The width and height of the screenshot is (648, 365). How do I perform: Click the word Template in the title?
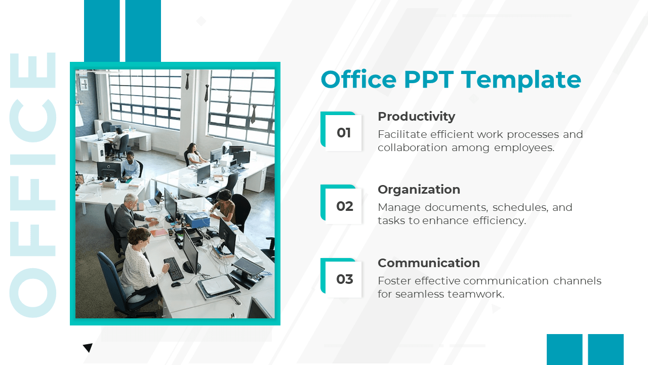pos(521,80)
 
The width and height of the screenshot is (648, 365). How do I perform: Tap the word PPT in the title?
pos(428,80)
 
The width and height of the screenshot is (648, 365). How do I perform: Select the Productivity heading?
pos(416,117)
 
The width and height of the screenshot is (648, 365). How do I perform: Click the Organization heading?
pos(419,190)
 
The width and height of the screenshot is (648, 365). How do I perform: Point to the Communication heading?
pos(429,263)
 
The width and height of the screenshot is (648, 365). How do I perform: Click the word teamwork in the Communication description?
pos(476,295)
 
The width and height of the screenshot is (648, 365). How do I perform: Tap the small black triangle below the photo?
pos(88,347)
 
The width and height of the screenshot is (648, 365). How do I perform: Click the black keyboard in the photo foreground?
pos(174,269)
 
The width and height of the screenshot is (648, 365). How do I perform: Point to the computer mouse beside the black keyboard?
pos(176,284)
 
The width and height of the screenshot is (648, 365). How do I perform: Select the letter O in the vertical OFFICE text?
pos(33,293)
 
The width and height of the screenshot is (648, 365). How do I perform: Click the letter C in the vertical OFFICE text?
pos(33,121)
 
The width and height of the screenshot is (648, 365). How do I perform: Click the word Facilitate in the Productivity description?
pos(402,134)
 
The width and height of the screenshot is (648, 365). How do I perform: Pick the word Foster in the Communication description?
pos(394,281)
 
